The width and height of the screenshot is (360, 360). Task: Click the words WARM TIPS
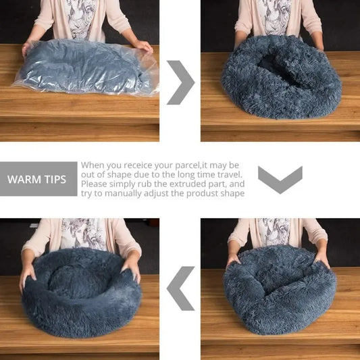[x=36, y=180]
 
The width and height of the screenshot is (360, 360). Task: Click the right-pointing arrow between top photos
[x=180, y=82]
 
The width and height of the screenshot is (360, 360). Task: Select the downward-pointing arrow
[x=280, y=179]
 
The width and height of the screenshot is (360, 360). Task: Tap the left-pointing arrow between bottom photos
[x=180, y=288]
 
